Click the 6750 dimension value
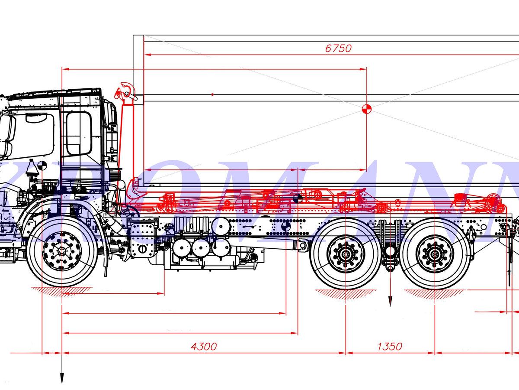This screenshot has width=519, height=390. point(338,48)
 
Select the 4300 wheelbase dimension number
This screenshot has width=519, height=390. point(204,346)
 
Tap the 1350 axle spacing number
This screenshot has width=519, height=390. point(389,346)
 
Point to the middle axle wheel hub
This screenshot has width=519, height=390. point(346,253)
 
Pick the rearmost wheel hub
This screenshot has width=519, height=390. point(435,253)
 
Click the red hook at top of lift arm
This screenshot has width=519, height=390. point(126,91)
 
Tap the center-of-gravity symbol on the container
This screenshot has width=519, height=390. point(367,109)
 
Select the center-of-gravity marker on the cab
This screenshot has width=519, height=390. point(42,166)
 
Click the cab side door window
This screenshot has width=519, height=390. point(79,133)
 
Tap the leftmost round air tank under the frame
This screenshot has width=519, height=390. point(181,247)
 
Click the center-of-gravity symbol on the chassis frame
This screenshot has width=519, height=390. point(285,226)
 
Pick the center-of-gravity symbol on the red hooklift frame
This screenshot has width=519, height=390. point(298,199)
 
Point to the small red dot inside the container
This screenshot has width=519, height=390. point(212,94)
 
